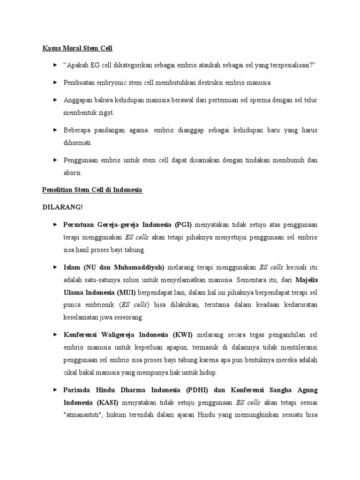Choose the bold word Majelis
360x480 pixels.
point(307,280)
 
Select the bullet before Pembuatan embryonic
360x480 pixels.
point(55,82)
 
